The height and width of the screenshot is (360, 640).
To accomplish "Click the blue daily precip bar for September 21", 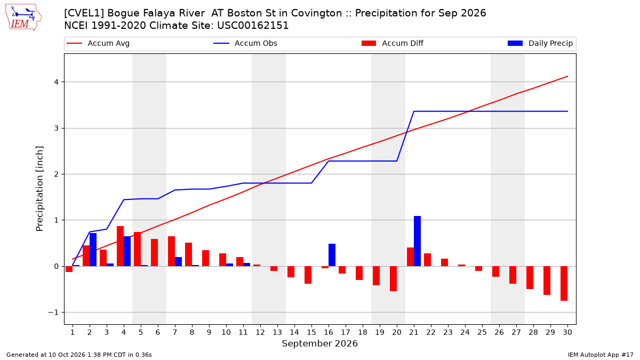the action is pos(417,241).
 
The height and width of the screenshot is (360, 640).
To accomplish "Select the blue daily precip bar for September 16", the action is pos(332,255).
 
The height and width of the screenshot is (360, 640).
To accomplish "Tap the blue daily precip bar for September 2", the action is pos(93,250).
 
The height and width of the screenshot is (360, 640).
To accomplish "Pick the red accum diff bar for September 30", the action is pos(564,283).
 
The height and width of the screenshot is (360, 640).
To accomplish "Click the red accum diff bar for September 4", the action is pos(121,246).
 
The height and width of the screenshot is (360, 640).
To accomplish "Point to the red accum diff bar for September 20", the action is pos(393,278).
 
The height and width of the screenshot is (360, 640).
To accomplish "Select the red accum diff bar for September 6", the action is pos(154,253).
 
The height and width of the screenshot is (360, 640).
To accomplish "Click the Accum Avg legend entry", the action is pos(98,43).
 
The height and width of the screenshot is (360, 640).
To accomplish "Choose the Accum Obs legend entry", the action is pos(245,43).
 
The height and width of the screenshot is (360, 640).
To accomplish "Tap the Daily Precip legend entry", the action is pos(540,43).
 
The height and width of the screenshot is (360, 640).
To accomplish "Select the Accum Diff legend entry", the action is pos(393,43).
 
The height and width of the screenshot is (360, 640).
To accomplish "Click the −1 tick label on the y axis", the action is pos(53,313).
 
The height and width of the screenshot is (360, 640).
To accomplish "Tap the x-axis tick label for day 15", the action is pos(311,332).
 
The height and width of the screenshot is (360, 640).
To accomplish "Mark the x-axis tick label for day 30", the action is pos(567,332).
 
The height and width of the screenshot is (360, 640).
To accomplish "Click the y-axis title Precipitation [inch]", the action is pos(39,189).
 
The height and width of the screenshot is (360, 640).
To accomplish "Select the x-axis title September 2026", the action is pos(319,343).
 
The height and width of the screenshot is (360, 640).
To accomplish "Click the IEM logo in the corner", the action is pos(23,18).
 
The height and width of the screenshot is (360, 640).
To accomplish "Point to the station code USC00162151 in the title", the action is pos(253,26).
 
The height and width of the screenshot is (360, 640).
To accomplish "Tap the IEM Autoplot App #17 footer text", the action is pos(601,355).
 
